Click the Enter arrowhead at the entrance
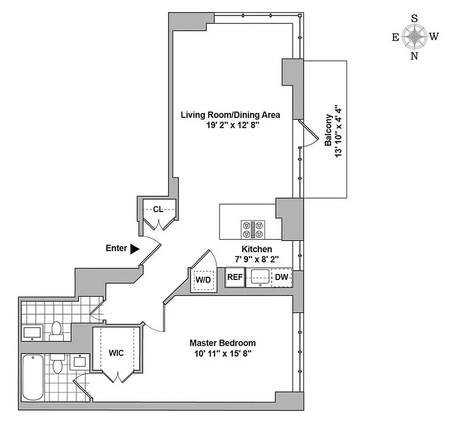135,249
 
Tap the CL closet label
157,209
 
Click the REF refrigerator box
235,277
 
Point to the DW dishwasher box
282,277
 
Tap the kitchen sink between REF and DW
258,277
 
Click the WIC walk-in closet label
116,353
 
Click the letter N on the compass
414,56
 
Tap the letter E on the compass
395,37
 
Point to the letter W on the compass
434,37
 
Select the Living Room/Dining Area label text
230,115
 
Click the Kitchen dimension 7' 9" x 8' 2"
256,259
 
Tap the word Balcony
327,129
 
